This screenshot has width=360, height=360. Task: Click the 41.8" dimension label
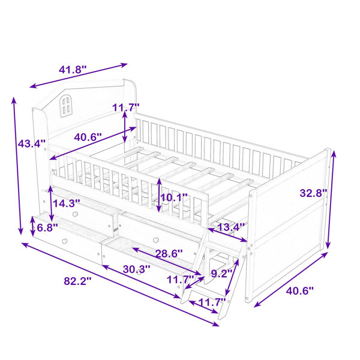pos(73,70)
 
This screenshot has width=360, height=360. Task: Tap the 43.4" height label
pos(32,144)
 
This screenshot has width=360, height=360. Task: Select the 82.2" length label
pos(77,281)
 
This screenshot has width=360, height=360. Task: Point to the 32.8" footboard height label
pos(313,193)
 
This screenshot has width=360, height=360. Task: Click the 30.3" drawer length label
pos(137,269)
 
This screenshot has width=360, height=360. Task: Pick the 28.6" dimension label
pos(169,254)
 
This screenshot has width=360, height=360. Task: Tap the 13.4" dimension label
pos(231,227)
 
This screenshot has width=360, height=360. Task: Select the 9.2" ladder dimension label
pos(222,274)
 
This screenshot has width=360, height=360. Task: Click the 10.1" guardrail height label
pos(174,197)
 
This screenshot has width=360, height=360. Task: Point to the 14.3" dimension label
pos(67,203)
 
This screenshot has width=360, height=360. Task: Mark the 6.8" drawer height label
pos(47,227)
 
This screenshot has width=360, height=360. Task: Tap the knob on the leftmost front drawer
pos(65,241)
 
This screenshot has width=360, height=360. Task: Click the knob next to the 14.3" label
pos(75,214)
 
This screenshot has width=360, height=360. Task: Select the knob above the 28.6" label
pos(156,240)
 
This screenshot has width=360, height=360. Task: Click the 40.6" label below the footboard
pos(299,291)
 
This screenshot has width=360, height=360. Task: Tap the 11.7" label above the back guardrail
pos(126,107)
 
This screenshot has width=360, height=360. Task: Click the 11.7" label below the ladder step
pos(212,302)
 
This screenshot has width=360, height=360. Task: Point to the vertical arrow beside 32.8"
pos(331,199)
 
